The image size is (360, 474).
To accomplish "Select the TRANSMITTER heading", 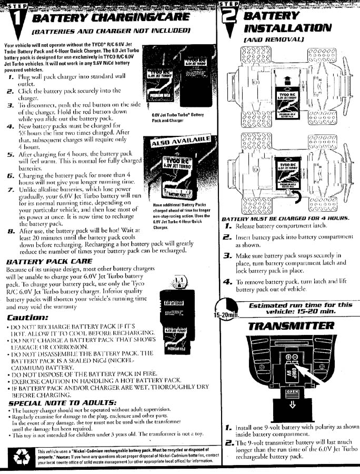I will tap(291, 325).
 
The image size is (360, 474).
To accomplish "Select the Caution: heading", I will tap(28, 318).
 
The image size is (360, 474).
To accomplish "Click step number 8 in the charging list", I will tap(11, 231).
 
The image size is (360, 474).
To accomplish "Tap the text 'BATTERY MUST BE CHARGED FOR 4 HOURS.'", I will tap(286, 218).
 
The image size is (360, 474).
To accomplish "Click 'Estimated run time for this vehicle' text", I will tap(301, 308).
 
